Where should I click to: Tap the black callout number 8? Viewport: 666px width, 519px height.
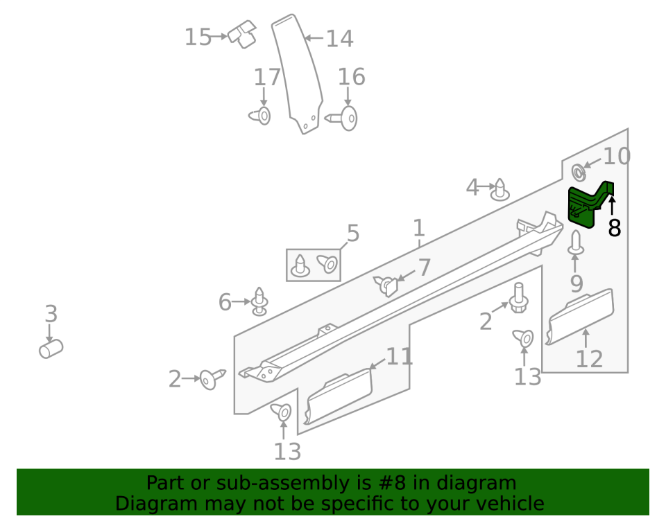(614, 228)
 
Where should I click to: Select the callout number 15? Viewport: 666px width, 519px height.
(198, 37)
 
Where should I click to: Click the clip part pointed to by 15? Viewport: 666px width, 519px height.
(242, 34)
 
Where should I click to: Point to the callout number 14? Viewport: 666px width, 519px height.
(339, 39)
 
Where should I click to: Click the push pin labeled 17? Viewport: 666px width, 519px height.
(259, 116)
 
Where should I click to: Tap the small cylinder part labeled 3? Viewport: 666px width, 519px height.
(51, 349)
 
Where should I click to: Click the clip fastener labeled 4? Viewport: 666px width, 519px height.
(500, 190)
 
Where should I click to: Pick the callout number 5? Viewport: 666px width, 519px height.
(353, 233)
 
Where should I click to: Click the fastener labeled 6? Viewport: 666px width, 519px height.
(259, 301)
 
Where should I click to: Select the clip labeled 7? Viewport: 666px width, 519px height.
(386, 285)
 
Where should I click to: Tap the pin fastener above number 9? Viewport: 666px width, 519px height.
(576, 243)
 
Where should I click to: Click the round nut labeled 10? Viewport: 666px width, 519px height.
(578, 173)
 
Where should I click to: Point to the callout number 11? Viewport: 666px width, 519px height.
(400, 356)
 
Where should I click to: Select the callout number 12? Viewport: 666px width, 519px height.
(589, 359)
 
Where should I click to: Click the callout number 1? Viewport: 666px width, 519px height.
(419, 228)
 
